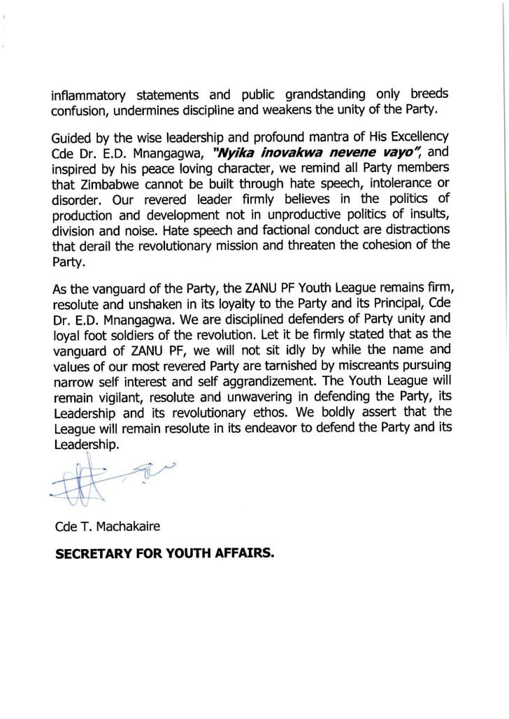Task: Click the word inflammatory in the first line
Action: (x=87, y=95)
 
